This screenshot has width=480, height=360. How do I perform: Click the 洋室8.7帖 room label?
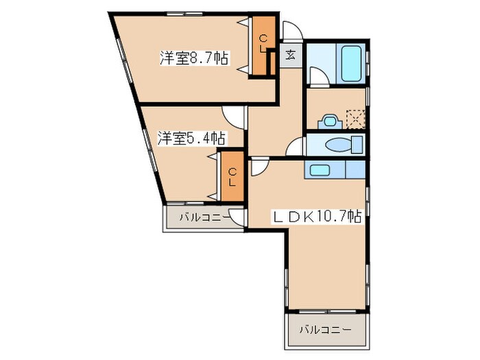194,58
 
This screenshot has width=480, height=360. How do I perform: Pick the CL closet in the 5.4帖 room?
232,177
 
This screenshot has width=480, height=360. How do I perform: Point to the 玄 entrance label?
291,54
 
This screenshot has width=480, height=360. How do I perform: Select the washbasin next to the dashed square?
330,121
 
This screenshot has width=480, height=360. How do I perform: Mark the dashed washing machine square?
355,119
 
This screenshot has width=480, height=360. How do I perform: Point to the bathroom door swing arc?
316,75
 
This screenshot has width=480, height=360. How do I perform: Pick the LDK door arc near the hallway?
259,167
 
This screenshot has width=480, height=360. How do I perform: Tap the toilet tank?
356,145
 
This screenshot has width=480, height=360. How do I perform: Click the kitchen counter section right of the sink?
355,169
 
